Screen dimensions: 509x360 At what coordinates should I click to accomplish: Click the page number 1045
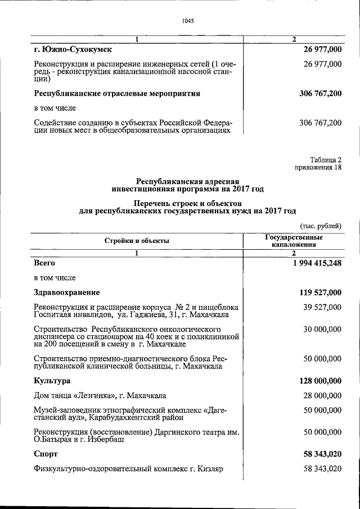click(x=188, y=21)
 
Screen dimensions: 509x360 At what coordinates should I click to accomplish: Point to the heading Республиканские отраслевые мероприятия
click(x=117, y=93)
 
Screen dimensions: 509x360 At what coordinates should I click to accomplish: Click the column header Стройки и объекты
click(x=137, y=241)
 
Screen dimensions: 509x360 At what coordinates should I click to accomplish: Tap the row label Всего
click(x=45, y=263)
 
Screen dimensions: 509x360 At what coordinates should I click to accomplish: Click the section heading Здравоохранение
click(x=67, y=292)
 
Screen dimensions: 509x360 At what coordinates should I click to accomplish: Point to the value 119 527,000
click(x=317, y=292)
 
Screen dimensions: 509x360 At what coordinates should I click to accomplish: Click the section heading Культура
click(x=52, y=381)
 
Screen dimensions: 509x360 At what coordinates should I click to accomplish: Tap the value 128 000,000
click(x=317, y=381)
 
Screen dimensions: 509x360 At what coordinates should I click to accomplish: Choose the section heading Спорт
click(x=46, y=453)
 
